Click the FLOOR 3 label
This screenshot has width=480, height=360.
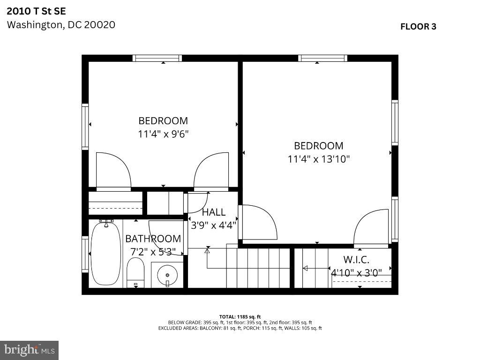pyautogui.click(x=418, y=26)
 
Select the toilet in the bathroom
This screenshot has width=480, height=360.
pyautogui.click(x=135, y=272)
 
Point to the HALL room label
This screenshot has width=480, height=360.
pyautogui.click(x=213, y=212)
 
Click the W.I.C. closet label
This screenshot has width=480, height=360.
pyautogui.click(x=357, y=259)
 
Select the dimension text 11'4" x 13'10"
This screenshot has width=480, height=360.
pyautogui.click(x=319, y=159)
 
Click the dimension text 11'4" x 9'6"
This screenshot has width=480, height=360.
pyautogui.click(x=163, y=134)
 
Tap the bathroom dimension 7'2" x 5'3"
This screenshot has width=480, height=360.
pyautogui.click(x=153, y=251)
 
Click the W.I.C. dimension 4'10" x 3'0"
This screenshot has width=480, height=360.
pyautogui.click(x=357, y=272)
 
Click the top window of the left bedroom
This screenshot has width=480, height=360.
pyautogui.click(x=157, y=58)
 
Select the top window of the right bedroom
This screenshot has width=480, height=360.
pyautogui.click(x=322, y=58)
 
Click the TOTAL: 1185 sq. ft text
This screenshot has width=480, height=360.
pyautogui.click(x=240, y=317)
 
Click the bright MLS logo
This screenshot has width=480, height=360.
pyautogui.click(x=29, y=350)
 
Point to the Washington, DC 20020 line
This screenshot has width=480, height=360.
pyautogui.click(x=61, y=25)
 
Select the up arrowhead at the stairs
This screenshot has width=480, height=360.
pyautogui.click(x=206, y=251)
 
